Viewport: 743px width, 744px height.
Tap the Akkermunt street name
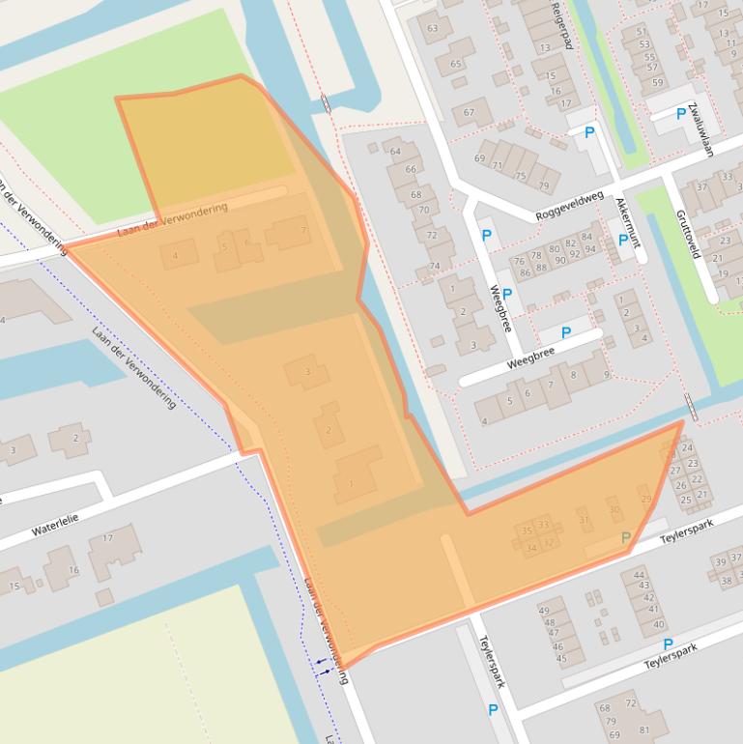tap(628, 222)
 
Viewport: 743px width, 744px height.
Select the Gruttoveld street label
tap(687, 234)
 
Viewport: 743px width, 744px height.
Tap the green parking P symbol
tap(625, 537)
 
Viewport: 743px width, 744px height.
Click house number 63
tap(432, 28)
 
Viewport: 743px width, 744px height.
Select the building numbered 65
tap(454, 65)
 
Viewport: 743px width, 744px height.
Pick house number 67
tap(471, 112)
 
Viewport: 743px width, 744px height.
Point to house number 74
tap(435, 266)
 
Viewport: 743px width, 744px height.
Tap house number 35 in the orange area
tap(527, 530)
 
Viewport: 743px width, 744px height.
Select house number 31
tap(584, 520)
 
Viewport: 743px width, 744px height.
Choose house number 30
tap(614, 509)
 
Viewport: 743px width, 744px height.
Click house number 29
tap(645, 499)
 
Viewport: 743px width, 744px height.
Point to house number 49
tap(544, 611)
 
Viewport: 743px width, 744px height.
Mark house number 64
tap(394, 151)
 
